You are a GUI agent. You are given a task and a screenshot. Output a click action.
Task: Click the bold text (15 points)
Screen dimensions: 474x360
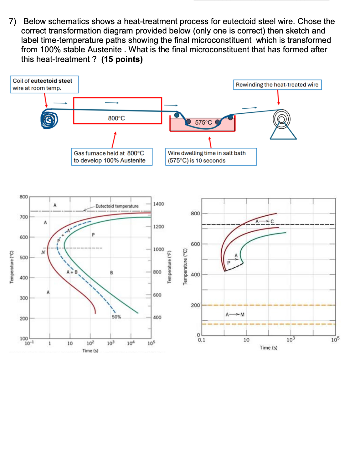coord(122,59)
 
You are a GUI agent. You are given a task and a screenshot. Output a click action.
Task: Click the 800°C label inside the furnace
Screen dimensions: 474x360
coord(116,118)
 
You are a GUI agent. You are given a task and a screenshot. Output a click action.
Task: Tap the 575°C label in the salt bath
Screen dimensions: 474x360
coord(203,122)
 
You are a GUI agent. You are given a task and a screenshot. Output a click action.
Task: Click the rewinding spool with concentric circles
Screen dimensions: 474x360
coord(281,119)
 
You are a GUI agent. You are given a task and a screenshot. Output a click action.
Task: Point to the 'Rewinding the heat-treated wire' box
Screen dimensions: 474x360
coord(277,85)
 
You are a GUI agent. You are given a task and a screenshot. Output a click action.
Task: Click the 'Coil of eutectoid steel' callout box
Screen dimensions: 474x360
coord(44,84)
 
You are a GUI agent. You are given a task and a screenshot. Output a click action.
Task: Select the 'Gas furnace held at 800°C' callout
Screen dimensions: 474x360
coord(112,157)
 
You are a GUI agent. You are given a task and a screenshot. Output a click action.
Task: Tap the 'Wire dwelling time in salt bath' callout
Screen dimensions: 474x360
coord(211,157)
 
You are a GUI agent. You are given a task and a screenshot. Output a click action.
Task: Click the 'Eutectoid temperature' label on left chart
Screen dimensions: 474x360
coord(117,206)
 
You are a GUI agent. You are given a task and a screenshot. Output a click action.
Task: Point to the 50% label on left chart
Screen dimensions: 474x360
coord(116,317)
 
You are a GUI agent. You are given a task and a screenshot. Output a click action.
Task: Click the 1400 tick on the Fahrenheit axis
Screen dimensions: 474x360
coord(158,204)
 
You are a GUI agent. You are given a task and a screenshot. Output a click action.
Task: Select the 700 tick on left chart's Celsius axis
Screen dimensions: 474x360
coord(24,217)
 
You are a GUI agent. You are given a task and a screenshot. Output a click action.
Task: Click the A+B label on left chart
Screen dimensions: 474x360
coord(72,272)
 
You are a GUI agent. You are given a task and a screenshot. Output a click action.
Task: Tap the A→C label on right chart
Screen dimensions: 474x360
coord(265,221)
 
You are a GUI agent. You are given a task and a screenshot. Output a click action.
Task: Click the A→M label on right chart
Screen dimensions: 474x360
coord(235,314)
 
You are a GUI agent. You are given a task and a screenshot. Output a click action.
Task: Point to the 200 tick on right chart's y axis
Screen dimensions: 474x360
coord(195,305)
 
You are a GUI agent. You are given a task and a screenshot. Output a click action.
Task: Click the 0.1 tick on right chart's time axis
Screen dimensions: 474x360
coord(201,340)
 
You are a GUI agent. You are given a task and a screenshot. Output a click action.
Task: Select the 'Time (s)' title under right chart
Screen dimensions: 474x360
coord(268,348)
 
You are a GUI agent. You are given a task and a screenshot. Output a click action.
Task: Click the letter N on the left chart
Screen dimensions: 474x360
coord(43,252)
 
